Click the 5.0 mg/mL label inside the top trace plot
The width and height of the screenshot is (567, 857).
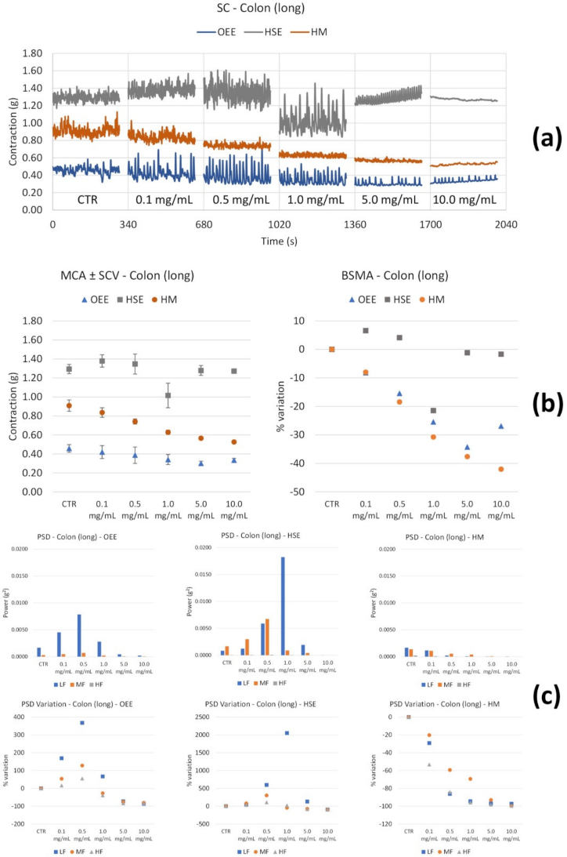click(392, 200)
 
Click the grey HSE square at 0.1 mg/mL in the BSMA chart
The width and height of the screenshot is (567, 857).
click(365, 331)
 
